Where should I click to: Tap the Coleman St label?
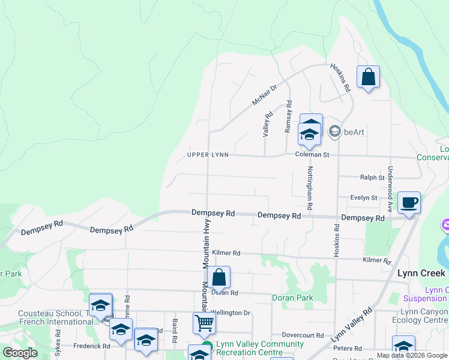tap(313, 155)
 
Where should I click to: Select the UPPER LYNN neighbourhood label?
tap(208, 155)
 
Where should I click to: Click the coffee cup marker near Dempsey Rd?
tap(409, 203)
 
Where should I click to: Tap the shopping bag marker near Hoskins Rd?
tap(368, 78)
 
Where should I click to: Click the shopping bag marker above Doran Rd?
tap(219, 278)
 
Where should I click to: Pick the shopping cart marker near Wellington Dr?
tap(204, 323)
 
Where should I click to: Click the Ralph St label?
tap(372, 178)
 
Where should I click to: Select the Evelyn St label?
tap(365, 197)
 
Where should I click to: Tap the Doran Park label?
tap(292, 298)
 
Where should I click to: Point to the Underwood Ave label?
tap(390, 189)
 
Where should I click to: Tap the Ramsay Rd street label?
tap(288, 116)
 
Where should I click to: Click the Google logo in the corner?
tap(20, 353)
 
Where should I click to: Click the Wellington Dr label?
tap(231, 313)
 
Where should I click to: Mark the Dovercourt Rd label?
tap(303, 335)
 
